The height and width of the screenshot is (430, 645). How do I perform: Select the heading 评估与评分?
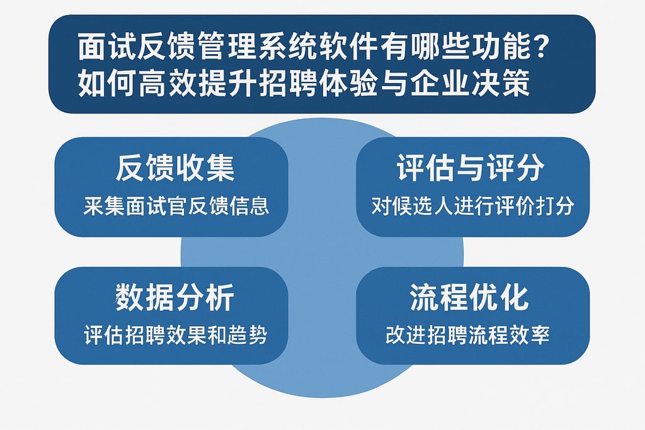tap(471, 169)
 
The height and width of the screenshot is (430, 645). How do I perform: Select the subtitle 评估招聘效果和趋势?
tap(175, 335)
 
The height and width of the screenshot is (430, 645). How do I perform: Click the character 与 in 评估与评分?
tap(471, 169)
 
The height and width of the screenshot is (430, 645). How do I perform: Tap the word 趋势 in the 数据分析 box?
tap(251, 335)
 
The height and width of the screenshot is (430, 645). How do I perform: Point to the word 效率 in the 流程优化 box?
tap(534, 335)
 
